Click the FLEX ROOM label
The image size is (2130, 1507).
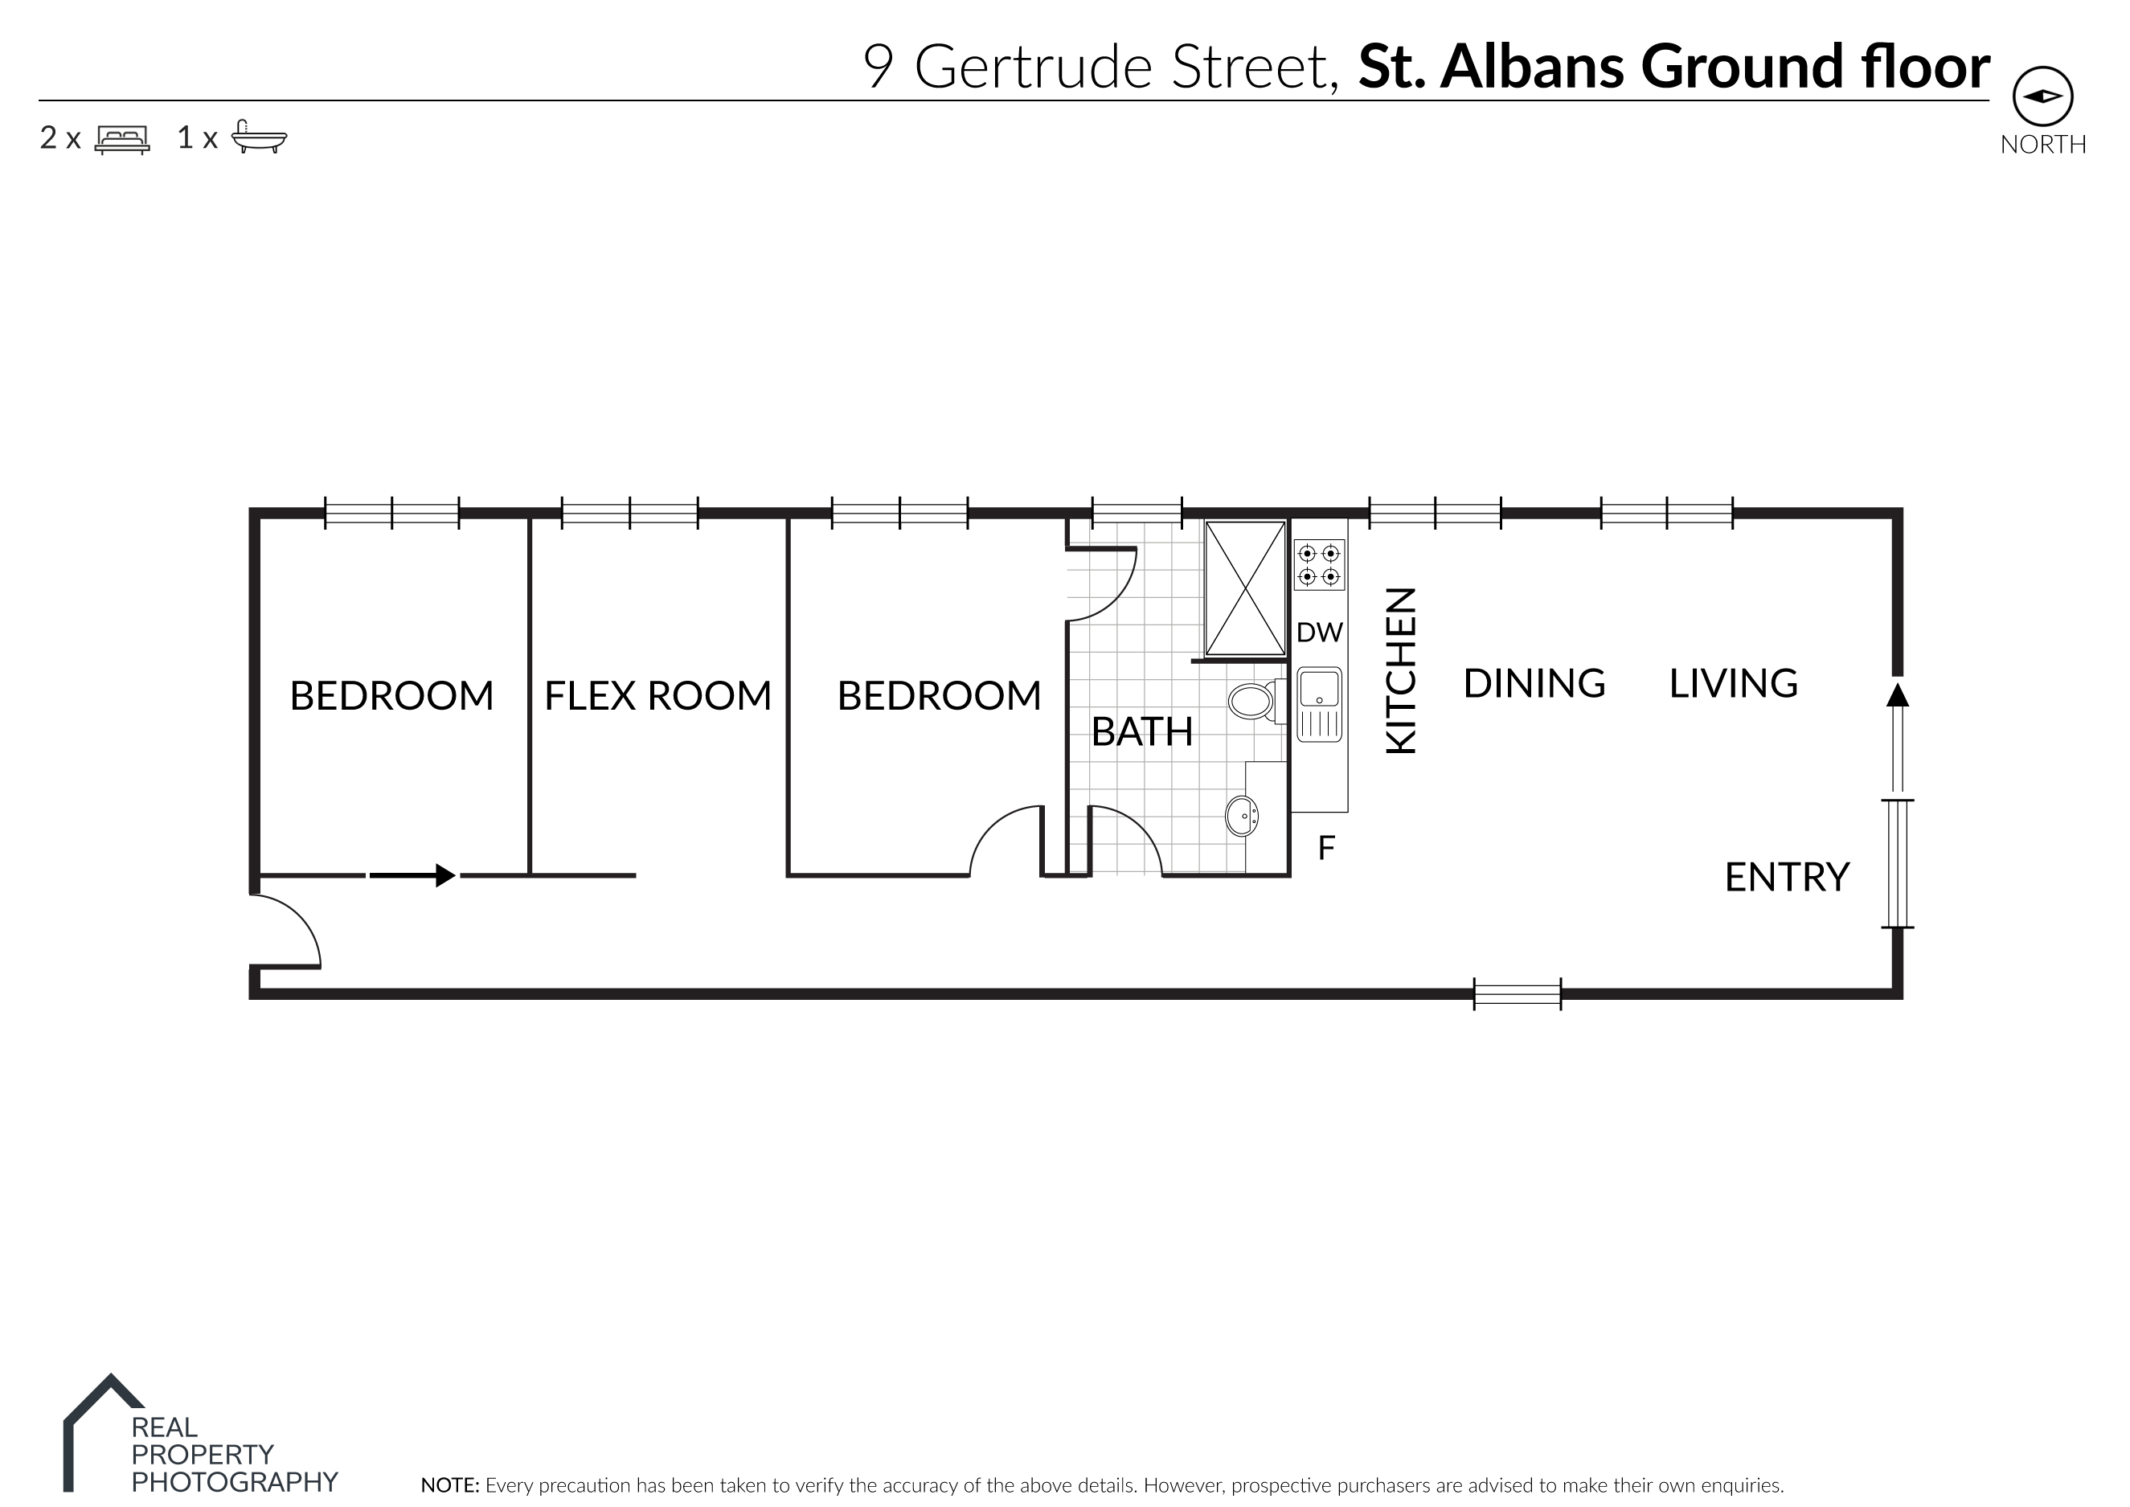657,696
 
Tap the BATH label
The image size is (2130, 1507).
1141,732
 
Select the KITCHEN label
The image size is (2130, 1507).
1402,670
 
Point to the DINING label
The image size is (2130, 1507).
1534,684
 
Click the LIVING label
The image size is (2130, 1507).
1733,684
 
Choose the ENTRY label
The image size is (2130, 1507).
1787,877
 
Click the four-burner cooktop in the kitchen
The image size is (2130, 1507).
1319,565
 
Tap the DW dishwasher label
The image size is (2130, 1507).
1319,633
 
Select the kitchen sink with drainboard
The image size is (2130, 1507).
1319,704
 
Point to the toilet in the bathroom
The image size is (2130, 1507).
1253,702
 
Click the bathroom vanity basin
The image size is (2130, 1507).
1242,817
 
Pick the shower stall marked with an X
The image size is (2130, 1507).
1244,588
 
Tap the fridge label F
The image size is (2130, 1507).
1326,847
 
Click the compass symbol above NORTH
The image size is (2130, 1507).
2042,96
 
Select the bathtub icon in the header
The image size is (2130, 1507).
258,137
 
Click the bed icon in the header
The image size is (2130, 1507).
121,139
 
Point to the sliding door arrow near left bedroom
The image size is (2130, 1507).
412,875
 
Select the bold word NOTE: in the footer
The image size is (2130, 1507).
449,1484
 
